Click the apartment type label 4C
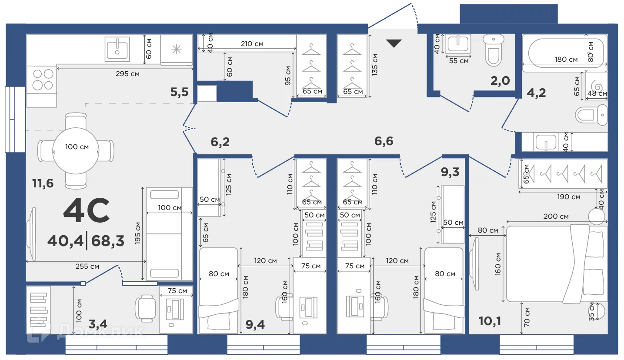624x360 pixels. click(87, 210)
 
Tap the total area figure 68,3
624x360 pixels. click(107, 241)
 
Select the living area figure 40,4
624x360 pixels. click(66, 241)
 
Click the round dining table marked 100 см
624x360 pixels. click(76, 151)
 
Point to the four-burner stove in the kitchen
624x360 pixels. click(42, 80)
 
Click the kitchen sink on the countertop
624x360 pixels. click(117, 49)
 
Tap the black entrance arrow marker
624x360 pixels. click(394, 43)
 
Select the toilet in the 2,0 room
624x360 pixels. click(494, 50)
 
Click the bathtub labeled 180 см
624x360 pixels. click(565, 53)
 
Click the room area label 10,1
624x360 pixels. click(490, 321)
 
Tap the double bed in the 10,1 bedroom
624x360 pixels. click(557, 264)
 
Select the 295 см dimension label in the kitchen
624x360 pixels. click(127, 74)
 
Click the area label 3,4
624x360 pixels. click(98, 324)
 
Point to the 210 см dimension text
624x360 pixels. click(252, 44)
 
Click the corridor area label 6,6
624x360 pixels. click(384, 141)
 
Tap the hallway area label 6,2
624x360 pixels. click(220, 142)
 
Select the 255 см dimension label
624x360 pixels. click(87, 267)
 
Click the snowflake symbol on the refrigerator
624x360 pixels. click(177, 49)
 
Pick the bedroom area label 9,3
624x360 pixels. click(450, 172)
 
